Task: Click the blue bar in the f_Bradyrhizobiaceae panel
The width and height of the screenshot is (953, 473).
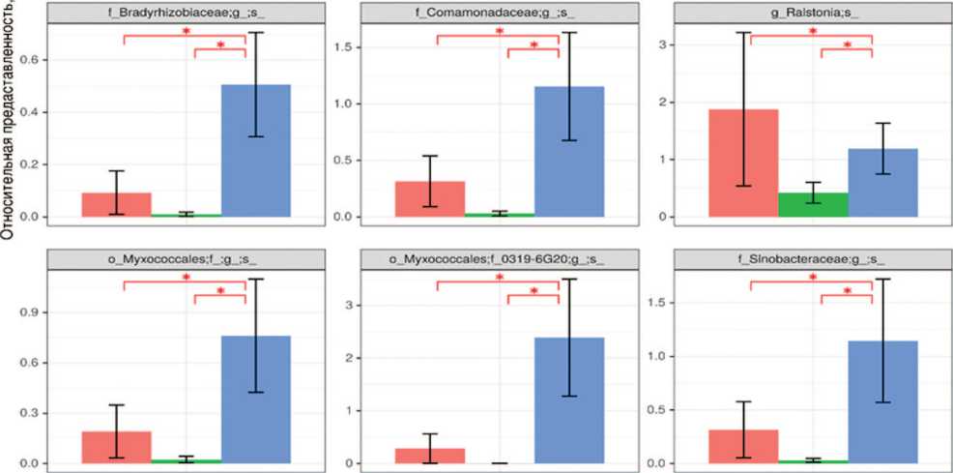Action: click(x=255, y=150)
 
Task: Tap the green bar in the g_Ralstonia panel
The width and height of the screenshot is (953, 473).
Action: click(x=813, y=204)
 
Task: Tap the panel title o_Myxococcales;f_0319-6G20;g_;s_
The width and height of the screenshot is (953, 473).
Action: click(x=499, y=261)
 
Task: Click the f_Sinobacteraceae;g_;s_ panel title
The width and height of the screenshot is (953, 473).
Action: click(x=812, y=261)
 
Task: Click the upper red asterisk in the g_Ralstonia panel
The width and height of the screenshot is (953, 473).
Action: click(x=812, y=32)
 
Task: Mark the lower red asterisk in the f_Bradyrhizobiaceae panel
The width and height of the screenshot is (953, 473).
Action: click(x=220, y=46)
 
